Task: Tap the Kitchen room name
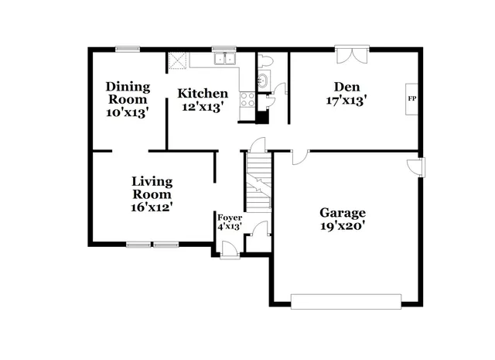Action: tap(203, 94)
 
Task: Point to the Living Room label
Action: tap(151, 187)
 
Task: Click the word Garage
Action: tap(343, 213)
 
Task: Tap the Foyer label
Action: tap(229, 218)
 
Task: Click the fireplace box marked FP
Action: tap(411, 99)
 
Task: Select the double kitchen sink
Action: tap(225, 58)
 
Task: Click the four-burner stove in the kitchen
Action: tap(248, 99)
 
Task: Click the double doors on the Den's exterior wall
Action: tap(351, 54)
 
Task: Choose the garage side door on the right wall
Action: tap(418, 166)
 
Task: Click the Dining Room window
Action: tap(127, 49)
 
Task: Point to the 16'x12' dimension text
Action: tap(151, 207)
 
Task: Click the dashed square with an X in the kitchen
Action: tap(178, 60)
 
